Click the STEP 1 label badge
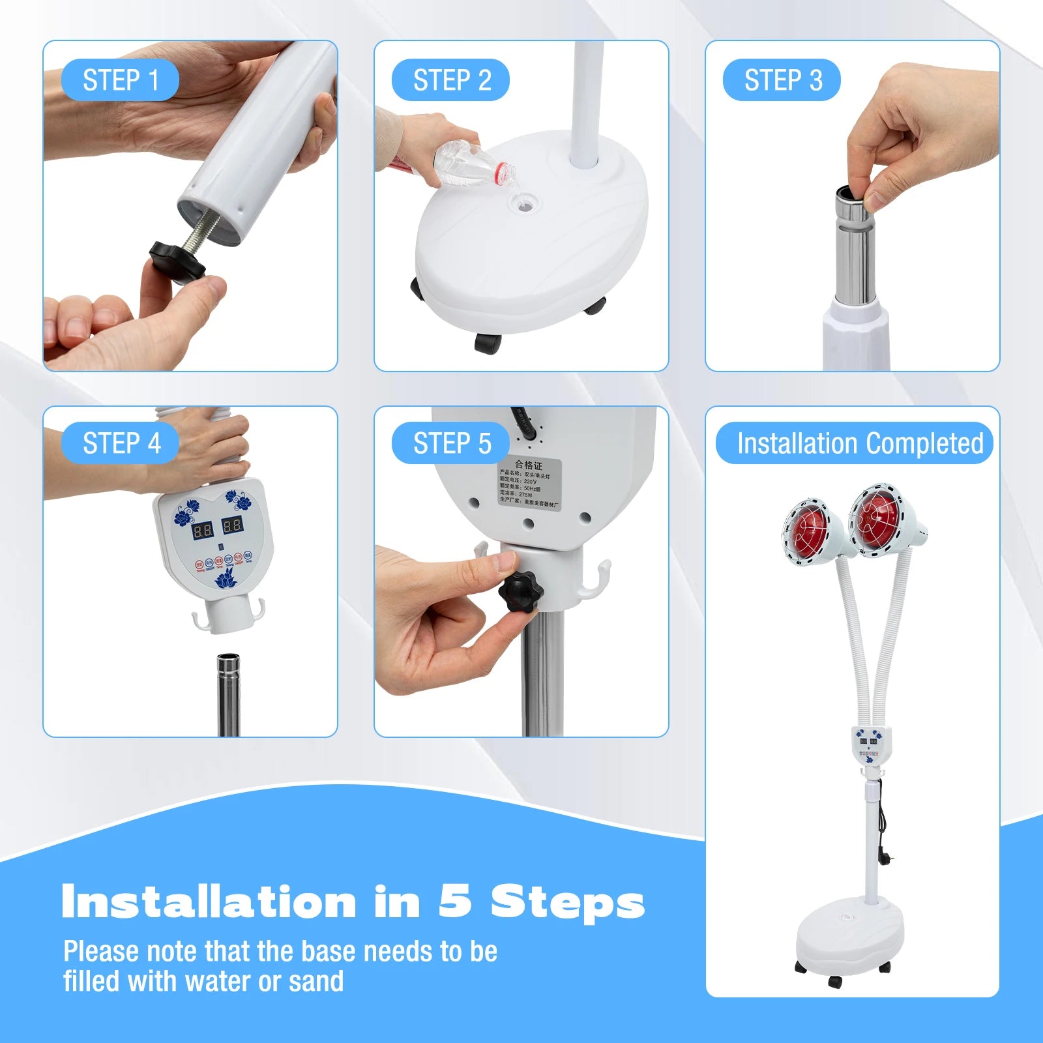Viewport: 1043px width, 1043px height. (120, 80)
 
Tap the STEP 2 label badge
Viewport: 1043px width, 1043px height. (450, 80)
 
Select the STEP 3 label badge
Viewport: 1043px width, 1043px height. (782, 80)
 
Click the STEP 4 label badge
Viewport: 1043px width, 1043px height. (120, 443)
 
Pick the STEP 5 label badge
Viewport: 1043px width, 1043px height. (450, 443)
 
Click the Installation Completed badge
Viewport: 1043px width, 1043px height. (854, 443)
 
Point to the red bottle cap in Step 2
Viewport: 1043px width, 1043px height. (504, 173)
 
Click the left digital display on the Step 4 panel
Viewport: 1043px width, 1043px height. (202, 529)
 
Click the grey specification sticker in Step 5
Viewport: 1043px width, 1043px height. (529, 483)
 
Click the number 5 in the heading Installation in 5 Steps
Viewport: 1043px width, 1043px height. (455, 903)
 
